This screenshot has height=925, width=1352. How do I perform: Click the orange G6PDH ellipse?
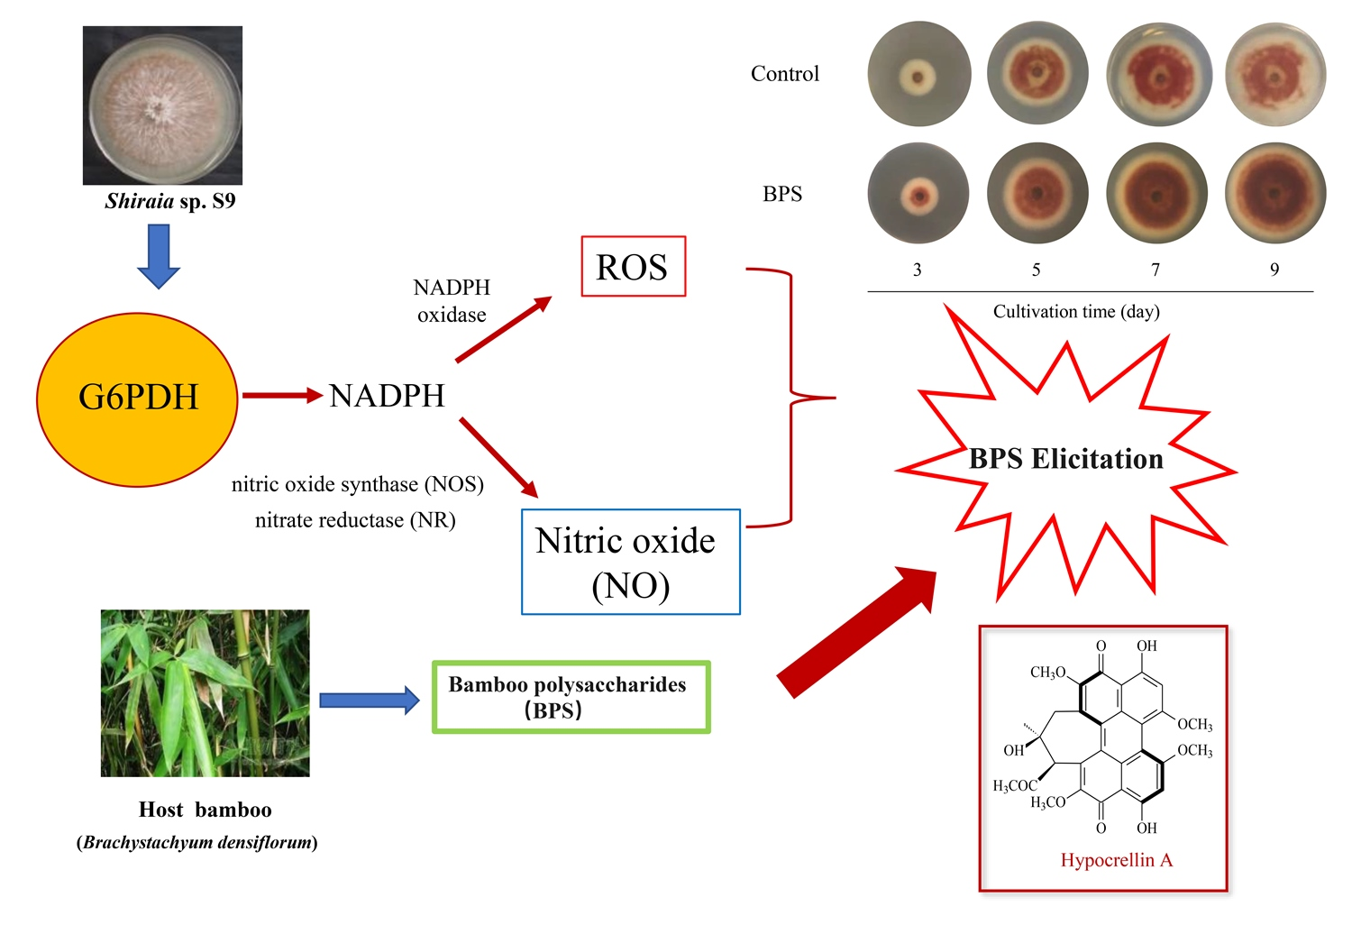pyautogui.click(x=137, y=398)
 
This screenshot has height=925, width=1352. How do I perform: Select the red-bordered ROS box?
pyautogui.click(x=633, y=267)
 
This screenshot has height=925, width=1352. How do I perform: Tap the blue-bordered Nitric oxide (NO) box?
pyautogui.click(x=630, y=562)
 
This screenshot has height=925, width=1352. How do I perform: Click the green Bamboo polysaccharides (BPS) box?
pyautogui.click(x=571, y=697)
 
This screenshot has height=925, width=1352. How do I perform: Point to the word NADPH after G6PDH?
pyautogui.click(x=387, y=396)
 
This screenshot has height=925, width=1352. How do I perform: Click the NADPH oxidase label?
pyautogui.click(x=452, y=301)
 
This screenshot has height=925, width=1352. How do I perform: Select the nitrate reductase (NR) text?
pyautogui.click(x=355, y=520)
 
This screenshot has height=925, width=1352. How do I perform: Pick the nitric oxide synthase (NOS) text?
pyautogui.click(x=357, y=484)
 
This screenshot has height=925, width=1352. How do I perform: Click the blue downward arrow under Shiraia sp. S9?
pyautogui.click(x=159, y=256)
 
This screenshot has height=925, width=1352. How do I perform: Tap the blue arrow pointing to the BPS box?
pyautogui.click(x=369, y=701)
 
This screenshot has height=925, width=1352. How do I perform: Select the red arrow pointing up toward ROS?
pyautogui.click(x=503, y=330)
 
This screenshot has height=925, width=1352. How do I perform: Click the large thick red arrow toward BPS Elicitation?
pyautogui.click(x=857, y=632)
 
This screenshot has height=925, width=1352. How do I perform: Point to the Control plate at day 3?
pyautogui.click(x=918, y=75)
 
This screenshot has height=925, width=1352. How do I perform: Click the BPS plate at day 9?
pyautogui.click(x=1274, y=193)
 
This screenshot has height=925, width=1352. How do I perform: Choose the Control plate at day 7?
pyautogui.click(x=1158, y=75)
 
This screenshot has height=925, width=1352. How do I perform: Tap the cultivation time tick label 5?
pyautogui.click(x=1037, y=270)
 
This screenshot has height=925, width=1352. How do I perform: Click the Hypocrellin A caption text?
pyautogui.click(x=1116, y=860)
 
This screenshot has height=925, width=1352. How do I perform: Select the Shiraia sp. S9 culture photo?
pyautogui.click(x=162, y=105)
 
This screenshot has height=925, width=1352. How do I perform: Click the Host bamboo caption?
pyautogui.click(x=205, y=810)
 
